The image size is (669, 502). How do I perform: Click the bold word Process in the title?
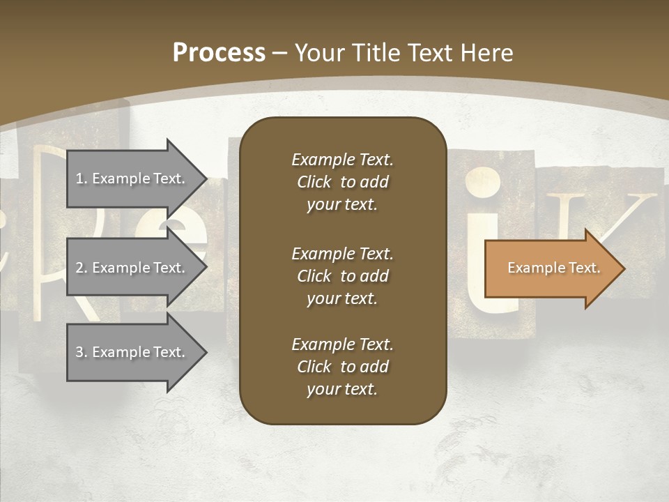point(219,53)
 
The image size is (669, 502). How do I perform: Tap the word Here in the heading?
point(486,53)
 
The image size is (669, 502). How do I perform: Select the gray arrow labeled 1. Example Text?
point(132,178)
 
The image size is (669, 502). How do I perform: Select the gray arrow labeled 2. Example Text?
point(132,268)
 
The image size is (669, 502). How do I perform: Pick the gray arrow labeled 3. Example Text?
point(132,352)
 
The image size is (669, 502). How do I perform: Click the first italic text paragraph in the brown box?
point(342,182)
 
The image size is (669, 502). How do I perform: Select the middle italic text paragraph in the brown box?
point(342,276)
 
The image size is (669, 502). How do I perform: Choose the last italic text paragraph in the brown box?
point(342,367)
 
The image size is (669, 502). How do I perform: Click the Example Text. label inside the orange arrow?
point(553,268)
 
